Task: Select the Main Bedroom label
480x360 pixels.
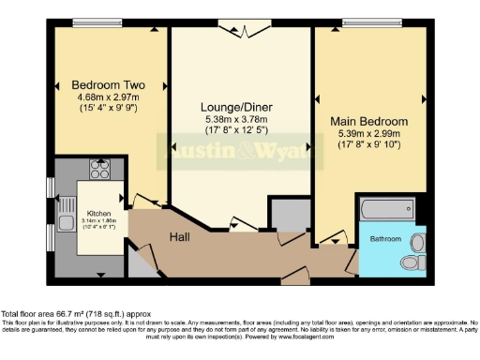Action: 368,122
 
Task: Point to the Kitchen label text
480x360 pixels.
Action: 100,213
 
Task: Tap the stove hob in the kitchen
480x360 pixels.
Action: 99,170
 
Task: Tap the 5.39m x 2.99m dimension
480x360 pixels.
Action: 368,133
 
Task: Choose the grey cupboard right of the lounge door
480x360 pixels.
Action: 288,215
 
